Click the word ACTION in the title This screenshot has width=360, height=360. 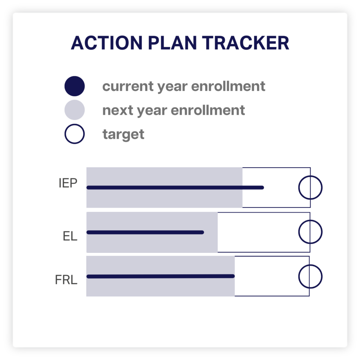coord(107,43)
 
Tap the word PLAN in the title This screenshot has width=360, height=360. coord(172,43)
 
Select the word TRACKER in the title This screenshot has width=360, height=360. coord(245,43)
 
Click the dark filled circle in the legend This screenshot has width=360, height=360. coord(75,86)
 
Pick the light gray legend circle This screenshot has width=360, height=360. coord(75,110)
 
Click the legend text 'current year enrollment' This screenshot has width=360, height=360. coord(184,86)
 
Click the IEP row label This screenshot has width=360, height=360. coord(68,183)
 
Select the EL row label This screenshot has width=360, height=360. coord(70,236)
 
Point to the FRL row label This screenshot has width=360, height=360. coord(66,279)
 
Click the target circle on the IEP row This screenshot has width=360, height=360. coord(299,188)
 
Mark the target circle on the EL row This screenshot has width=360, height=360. coord(299,232)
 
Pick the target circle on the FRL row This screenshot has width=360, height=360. coord(299,276)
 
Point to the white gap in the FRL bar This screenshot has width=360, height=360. coord(266,276)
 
